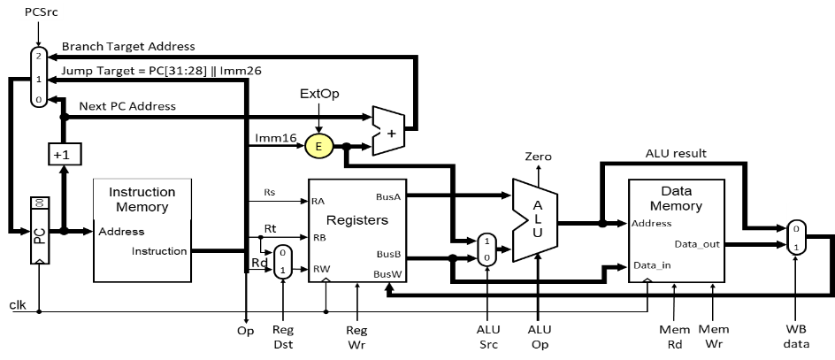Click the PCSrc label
point(41,12)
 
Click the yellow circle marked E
point(319,146)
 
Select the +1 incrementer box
point(65,155)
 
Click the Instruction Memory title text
point(142,199)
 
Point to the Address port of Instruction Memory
point(121,232)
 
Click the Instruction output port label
point(159,251)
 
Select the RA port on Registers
point(318,202)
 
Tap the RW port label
point(320,269)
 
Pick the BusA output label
point(387,197)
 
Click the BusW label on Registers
point(387,274)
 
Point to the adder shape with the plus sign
point(388,132)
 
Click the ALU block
point(534,220)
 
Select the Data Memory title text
point(676,198)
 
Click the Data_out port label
point(697,244)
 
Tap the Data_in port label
point(652,265)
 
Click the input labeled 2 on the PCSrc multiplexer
point(39,56)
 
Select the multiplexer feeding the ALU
point(486,248)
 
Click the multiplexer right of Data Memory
point(796,237)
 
